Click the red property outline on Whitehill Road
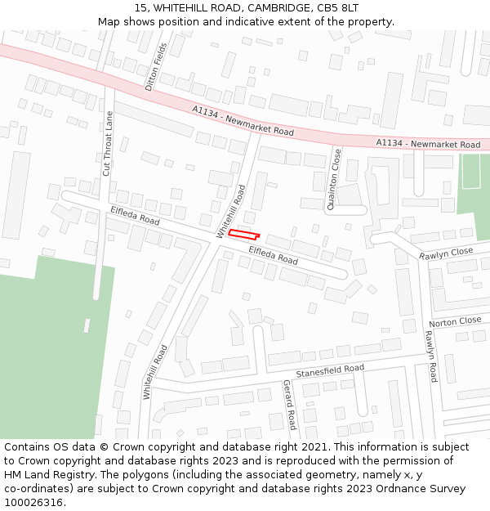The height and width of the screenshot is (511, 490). (243, 234)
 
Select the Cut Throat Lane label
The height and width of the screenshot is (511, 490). (107, 144)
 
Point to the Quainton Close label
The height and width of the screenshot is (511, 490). (333, 179)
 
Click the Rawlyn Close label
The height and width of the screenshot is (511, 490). (446, 254)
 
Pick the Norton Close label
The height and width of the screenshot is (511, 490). (455, 321)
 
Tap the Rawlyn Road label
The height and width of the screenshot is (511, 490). (430, 356)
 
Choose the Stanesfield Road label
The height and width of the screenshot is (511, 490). (330, 370)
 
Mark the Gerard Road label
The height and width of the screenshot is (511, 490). (288, 405)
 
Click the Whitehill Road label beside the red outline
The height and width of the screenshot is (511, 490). (230, 211)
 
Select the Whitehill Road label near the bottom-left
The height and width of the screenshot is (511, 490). (155, 372)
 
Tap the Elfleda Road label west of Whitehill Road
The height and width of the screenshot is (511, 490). (134, 216)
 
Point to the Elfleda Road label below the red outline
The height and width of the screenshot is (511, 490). (273, 255)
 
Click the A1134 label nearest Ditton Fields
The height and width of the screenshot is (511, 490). (243, 120)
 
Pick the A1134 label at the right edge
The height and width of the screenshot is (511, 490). (428, 144)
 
